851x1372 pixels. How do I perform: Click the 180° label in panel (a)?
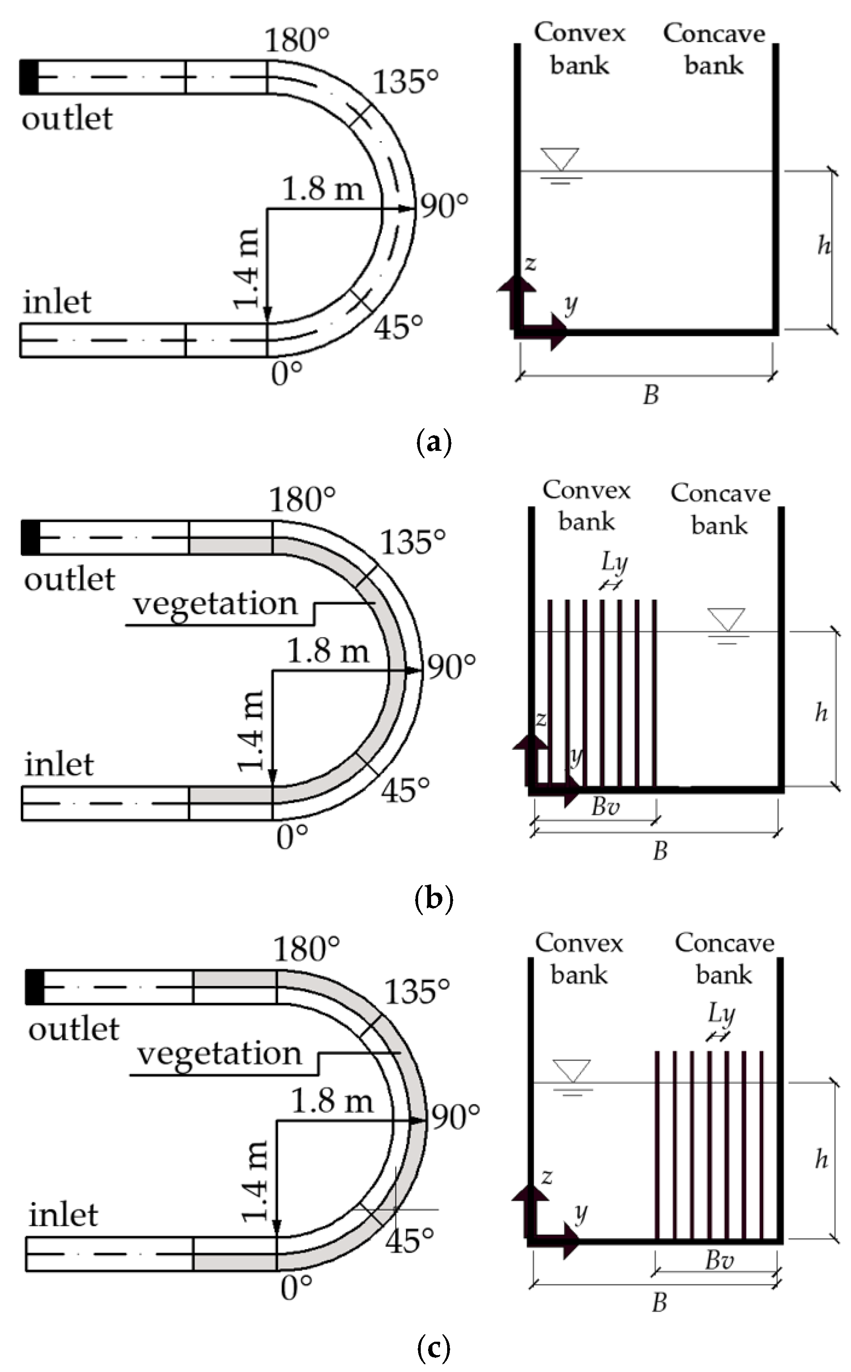297,41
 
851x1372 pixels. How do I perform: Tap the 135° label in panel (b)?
413,542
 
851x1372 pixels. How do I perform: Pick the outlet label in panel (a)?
67,119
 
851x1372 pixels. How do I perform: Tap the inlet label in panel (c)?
63,1215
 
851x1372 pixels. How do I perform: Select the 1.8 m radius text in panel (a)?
322,188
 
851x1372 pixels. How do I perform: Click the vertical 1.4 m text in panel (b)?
250,730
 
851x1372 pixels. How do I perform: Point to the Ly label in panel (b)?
614,561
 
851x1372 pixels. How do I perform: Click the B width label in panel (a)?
651,395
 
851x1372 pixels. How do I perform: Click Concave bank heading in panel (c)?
724,958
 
